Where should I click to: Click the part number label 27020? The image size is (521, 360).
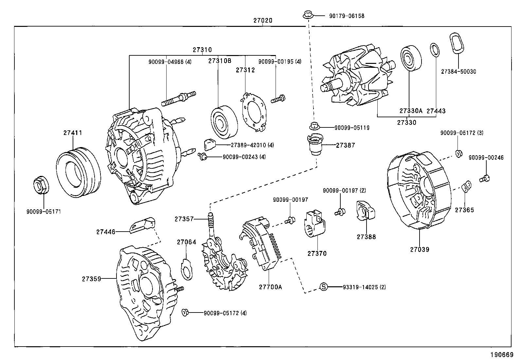[x=262, y=20]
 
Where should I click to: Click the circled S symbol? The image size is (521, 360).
[x=323, y=287]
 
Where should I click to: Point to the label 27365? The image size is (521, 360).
[x=464, y=210]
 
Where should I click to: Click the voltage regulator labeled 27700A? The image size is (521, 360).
[x=264, y=244]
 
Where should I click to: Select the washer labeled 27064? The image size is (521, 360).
[x=187, y=269]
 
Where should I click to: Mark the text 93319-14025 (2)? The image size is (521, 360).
[x=364, y=287]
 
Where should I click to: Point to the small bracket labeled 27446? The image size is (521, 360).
[x=143, y=225]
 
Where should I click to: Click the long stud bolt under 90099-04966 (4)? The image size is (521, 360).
[x=178, y=98]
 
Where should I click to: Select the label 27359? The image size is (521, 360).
[x=91, y=279]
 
